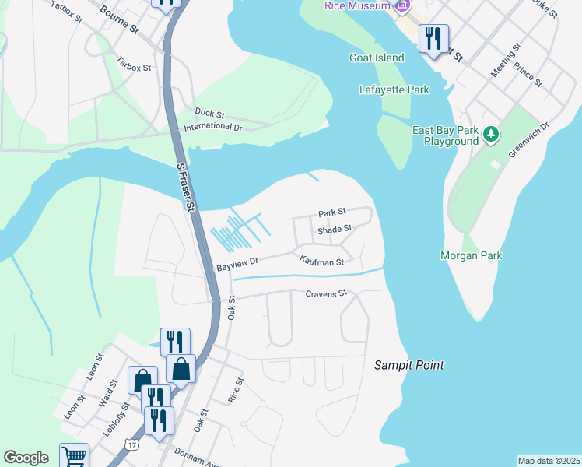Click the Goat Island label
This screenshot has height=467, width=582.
(377, 58)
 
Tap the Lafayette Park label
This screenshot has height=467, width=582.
(394, 90)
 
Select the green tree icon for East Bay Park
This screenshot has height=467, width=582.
(490, 135)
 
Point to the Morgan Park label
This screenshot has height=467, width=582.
(471, 255)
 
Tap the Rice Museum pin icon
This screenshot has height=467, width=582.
(401, 7)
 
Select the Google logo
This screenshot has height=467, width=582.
(26, 458)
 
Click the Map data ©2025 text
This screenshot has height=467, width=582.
(549, 460)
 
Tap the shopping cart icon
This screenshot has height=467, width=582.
(74, 456)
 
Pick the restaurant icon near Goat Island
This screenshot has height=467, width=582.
(433, 37)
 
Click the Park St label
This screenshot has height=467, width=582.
(331, 212)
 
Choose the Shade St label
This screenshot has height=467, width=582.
(335, 229)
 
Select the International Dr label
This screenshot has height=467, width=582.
(213, 126)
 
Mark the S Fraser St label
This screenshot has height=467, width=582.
(185, 186)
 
